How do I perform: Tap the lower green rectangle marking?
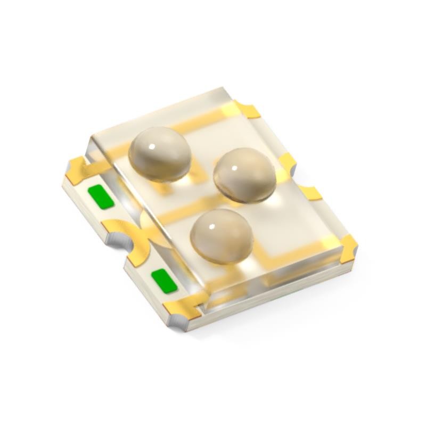(163, 281)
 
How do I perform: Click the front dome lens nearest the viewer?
(221, 234)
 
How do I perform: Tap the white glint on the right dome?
(235, 167)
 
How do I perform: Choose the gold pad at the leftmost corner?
(76, 168)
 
